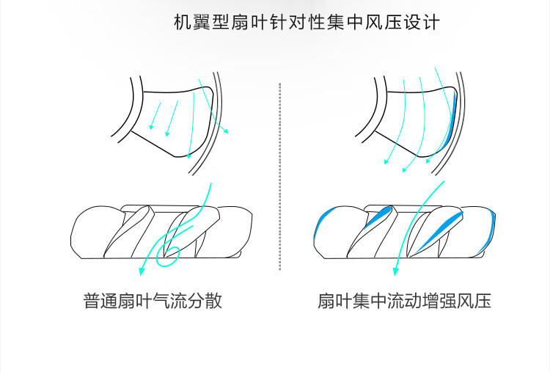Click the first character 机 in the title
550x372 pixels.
pos(183,22)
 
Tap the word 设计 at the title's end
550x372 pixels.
pos(422,22)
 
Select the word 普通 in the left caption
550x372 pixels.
pos(100,301)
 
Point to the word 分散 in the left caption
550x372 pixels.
pos(205,301)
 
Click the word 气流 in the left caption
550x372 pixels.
pos(170,301)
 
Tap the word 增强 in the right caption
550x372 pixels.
pos(439,301)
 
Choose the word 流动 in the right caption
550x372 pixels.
pos(405,301)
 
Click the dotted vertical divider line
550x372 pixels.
pos(279,177)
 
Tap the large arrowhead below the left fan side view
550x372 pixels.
pos(142,271)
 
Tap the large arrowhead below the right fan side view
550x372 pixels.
pos(396,271)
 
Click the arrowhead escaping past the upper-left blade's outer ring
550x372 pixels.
pos(227,131)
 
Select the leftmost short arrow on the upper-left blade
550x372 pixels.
pos(155,116)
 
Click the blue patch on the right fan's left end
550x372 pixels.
pos(322,221)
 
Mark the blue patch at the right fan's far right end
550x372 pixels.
pos(493,225)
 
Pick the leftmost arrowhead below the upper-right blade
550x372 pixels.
pos(386,161)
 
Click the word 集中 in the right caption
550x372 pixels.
pos(370,301)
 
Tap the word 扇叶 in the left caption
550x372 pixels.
pos(135,301)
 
